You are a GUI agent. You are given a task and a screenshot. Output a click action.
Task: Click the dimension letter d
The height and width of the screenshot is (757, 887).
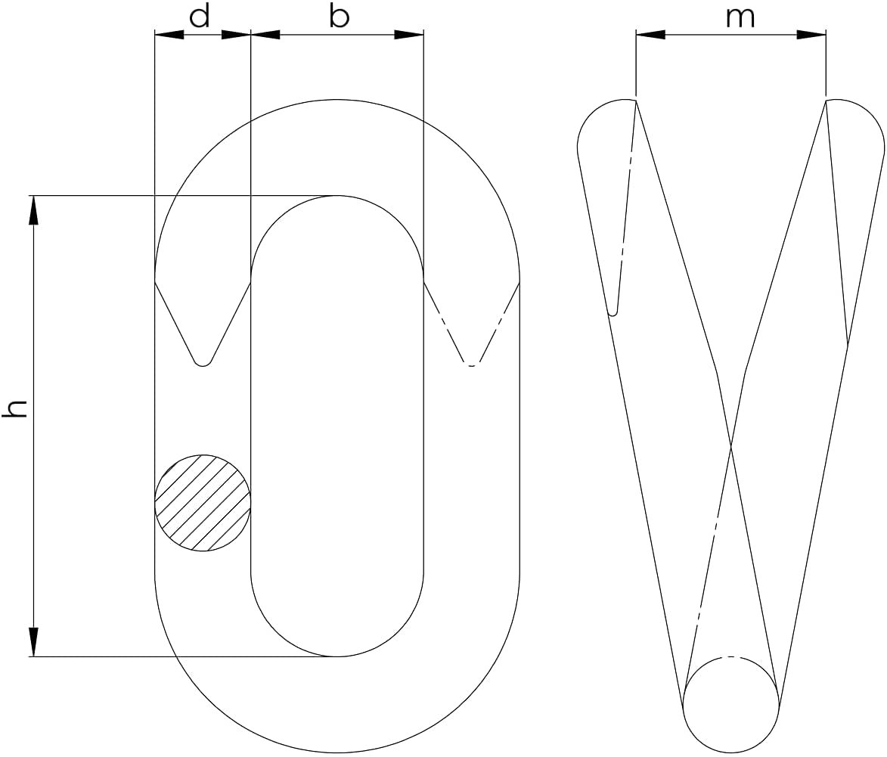point(200,17)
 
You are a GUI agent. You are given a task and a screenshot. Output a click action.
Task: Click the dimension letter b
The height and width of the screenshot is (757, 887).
point(340,17)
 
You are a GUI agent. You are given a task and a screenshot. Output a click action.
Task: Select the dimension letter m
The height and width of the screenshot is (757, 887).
point(740,17)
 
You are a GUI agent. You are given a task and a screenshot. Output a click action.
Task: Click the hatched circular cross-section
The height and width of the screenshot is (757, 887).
point(203,503)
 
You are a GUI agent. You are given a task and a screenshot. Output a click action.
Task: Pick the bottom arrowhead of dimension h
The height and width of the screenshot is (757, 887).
point(33,642)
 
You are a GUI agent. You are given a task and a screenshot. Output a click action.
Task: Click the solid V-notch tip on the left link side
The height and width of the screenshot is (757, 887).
point(203,364)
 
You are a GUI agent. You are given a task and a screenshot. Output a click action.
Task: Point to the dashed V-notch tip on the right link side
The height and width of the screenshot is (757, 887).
point(472,365)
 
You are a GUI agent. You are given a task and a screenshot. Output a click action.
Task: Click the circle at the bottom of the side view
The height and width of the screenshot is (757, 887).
point(731,705)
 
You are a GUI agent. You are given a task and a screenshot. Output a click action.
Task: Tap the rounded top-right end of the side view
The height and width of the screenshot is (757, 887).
point(858,129)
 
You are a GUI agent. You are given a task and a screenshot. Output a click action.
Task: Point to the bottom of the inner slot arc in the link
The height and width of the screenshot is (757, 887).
point(337,656)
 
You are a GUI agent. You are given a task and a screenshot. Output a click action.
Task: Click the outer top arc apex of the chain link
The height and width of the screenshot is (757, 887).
point(337,99)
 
